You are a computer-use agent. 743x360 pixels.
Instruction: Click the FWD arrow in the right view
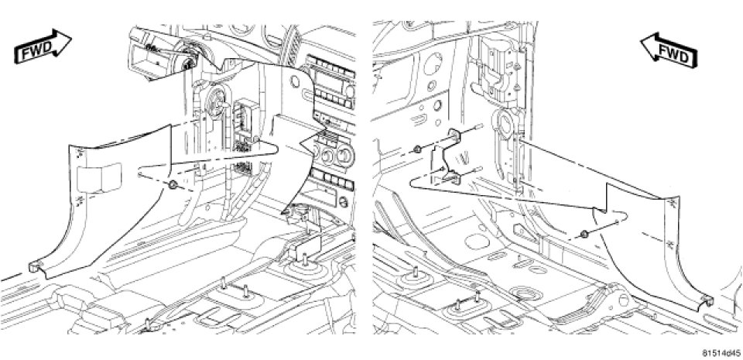pyautogui.click(x=672, y=50)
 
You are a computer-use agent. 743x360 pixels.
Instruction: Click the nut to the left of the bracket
pyautogui.click(x=419, y=149)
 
